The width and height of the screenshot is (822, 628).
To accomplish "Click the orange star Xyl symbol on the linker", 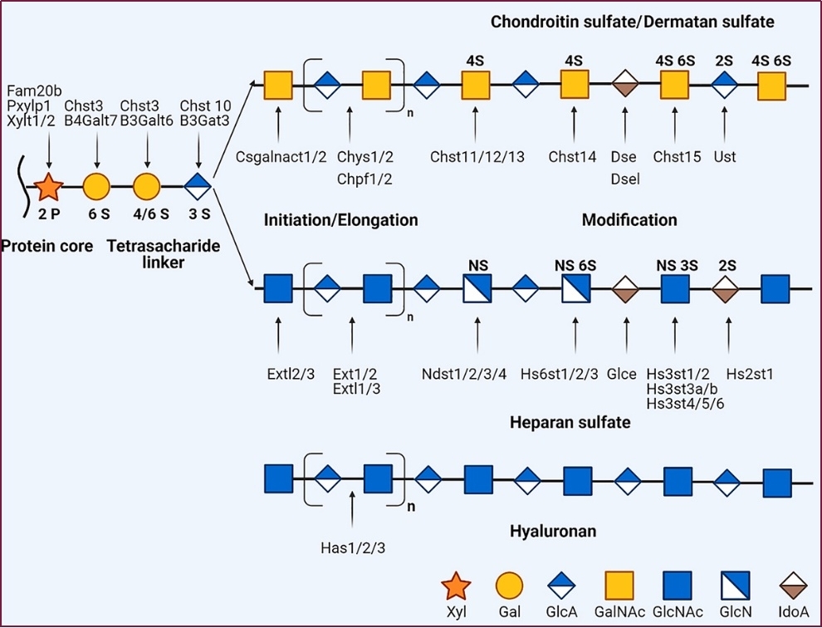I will [x=48, y=187].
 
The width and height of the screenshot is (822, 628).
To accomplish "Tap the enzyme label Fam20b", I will [x=34, y=90].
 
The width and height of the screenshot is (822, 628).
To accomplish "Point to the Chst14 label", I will [x=572, y=156].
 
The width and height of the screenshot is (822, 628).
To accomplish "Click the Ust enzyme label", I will [x=725, y=156].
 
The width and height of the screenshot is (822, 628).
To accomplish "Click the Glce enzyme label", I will [x=624, y=374].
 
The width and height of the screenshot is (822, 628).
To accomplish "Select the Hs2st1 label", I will [x=750, y=374].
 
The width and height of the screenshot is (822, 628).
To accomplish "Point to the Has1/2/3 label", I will [x=353, y=547].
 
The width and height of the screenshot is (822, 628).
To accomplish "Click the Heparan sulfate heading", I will [x=570, y=423].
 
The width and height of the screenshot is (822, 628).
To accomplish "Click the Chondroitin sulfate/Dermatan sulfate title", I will [x=632, y=22].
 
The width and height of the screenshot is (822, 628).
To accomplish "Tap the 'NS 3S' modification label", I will [x=677, y=265].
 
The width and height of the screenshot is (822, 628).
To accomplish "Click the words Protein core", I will [x=46, y=246].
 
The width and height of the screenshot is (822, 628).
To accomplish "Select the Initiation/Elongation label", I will [x=340, y=220].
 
